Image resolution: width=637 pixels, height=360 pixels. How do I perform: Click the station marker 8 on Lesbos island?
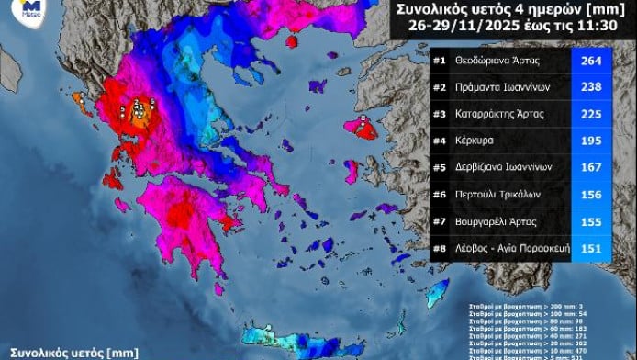(363, 118)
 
